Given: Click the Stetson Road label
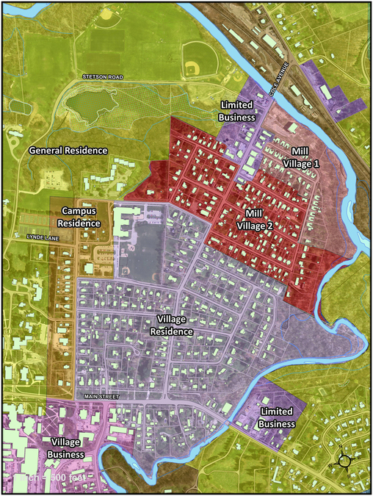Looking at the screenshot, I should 103,76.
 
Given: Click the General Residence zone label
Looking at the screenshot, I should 68,150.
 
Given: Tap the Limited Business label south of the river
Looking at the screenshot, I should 277,417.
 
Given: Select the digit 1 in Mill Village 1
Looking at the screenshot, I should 316,163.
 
